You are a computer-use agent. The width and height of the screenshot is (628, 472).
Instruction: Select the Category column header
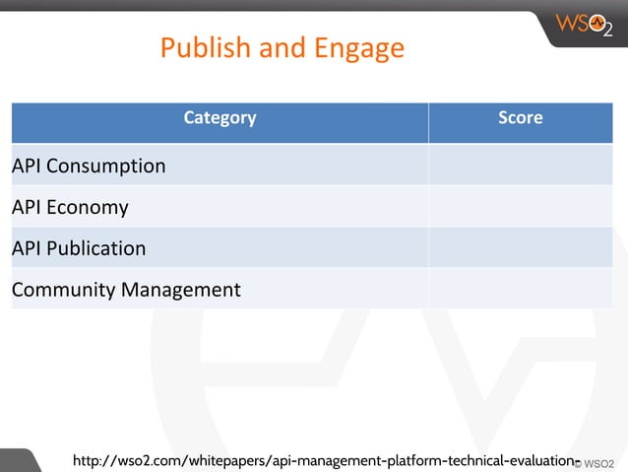coord(220,118)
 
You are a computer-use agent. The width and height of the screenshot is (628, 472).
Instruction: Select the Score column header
coord(520,118)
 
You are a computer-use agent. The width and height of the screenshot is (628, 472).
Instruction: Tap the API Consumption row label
coord(89,166)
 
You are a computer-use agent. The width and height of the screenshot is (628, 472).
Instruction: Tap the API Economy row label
coord(70,207)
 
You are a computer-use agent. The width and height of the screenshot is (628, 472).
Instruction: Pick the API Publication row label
coord(79,248)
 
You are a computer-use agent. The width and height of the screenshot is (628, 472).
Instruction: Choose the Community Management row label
coord(126,290)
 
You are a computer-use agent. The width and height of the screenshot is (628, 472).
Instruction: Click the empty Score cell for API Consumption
coord(520,166)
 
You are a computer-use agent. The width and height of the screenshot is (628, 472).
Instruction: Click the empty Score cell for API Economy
coord(520,207)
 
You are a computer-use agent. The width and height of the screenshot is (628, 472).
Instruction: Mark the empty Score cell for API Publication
coord(520,248)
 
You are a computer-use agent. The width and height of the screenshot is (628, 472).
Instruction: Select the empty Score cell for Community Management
coord(520,290)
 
